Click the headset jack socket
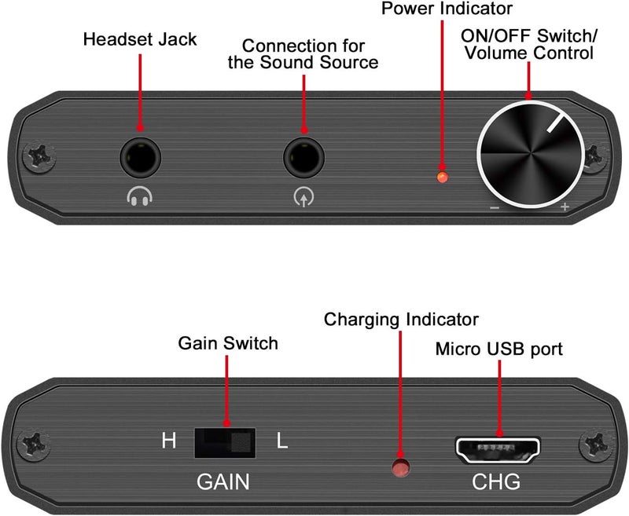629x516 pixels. (142, 158)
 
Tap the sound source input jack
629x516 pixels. (305, 158)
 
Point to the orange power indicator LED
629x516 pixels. (443, 177)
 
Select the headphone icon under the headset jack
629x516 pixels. (141, 198)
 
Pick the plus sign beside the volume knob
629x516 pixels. (565, 207)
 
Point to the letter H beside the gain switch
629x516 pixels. (169, 441)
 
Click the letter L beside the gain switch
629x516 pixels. (282, 441)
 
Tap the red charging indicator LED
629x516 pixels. (402, 469)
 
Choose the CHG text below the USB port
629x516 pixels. (496, 481)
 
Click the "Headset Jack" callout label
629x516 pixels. (141, 39)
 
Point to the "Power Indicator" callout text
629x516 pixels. (447, 9)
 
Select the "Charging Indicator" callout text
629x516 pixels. (401, 320)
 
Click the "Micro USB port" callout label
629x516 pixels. (499, 349)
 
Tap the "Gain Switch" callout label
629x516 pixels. (228, 343)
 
